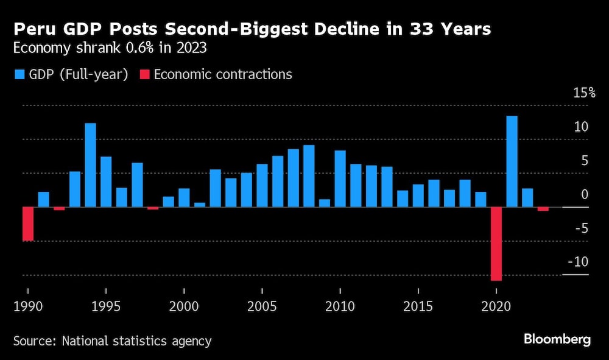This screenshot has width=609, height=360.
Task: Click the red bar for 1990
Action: [x=27, y=224]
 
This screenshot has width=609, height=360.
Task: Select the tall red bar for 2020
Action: [x=496, y=244]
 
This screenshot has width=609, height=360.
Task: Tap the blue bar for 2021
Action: [x=512, y=161]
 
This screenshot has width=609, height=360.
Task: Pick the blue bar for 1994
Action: [x=90, y=165]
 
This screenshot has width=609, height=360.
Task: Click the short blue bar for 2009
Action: [x=325, y=203]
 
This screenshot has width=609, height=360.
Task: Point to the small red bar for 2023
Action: [x=543, y=209]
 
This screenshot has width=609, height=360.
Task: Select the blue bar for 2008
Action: [x=309, y=176]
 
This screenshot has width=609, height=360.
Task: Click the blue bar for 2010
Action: [x=340, y=178]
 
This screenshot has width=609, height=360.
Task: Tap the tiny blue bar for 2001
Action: [x=200, y=205]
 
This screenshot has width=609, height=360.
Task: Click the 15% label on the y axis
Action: [x=583, y=93]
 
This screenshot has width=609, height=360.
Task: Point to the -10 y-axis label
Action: [x=579, y=262]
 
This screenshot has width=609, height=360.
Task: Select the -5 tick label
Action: [x=581, y=228]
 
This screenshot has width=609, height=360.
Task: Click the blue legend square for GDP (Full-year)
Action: [x=19, y=75]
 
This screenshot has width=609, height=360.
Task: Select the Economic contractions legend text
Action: [x=223, y=75]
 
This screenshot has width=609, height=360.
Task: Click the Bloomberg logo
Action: [x=557, y=340]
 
